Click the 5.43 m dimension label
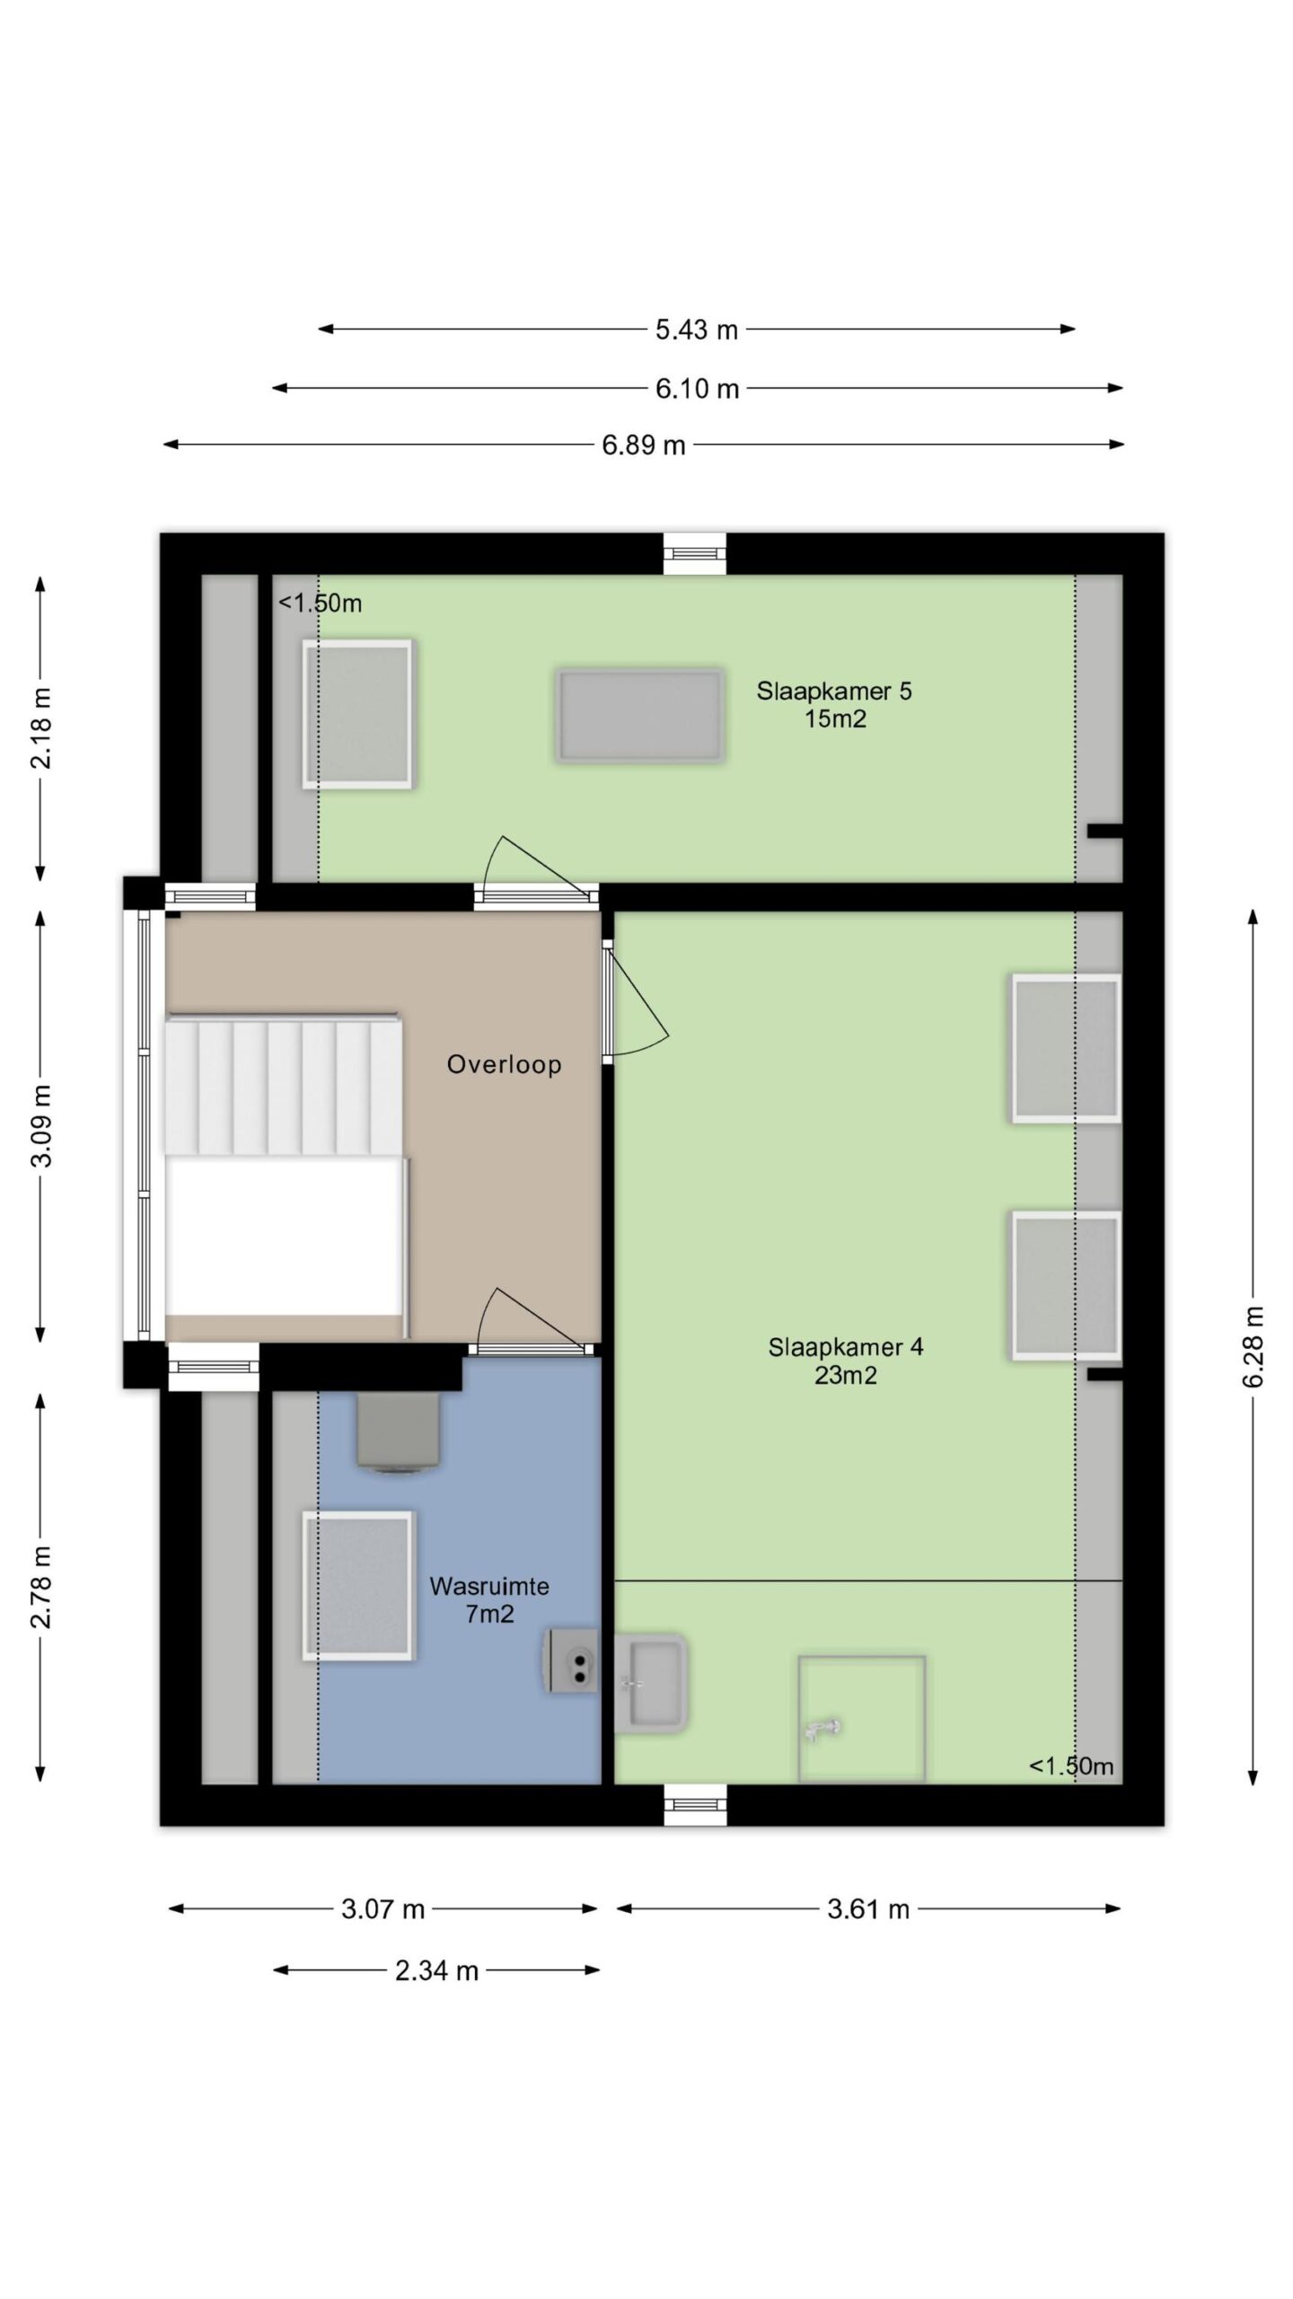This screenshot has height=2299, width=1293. (696, 330)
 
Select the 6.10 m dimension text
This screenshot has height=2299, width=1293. (697, 389)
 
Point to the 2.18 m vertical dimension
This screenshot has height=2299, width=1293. (41, 728)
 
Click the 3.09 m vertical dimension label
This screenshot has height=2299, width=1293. (41, 1125)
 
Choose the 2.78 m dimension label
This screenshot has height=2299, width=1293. (41, 1587)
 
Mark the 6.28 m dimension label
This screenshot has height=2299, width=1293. (1253, 1346)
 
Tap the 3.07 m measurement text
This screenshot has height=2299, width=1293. (383, 1909)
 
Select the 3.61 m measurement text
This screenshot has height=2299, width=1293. (868, 1909)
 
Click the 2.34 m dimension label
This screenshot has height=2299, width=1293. (436, 1971)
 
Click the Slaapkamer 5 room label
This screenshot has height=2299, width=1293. (834, 705)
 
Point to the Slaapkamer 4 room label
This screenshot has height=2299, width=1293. (846, 1361)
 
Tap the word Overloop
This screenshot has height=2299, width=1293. (505, 1065)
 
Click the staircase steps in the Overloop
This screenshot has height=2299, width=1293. (282, 1085)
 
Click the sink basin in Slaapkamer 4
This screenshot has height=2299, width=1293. (651, 1684)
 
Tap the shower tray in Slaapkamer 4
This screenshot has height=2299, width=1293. (862, 1719)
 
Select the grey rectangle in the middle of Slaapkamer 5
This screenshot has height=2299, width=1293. (639, 716)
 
